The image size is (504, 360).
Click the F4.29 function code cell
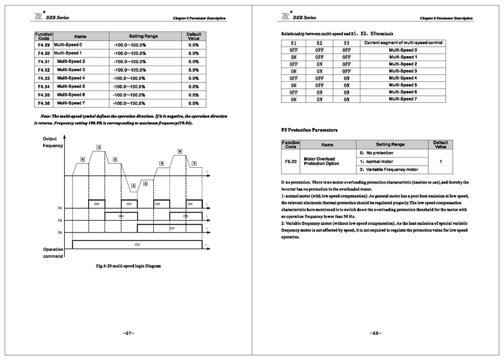point(44,45)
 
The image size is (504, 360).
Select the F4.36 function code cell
point(44,103)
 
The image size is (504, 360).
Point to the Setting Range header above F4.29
point(146,37)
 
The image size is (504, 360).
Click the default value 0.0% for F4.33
point(193,78)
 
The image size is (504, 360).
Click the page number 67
point(128,333)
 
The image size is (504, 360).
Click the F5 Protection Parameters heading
point(309,130)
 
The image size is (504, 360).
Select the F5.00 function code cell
point(290,161)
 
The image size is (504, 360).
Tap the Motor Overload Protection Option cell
point(321,161)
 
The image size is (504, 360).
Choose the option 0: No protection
point(377,153)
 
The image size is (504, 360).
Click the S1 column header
point(293,43)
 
